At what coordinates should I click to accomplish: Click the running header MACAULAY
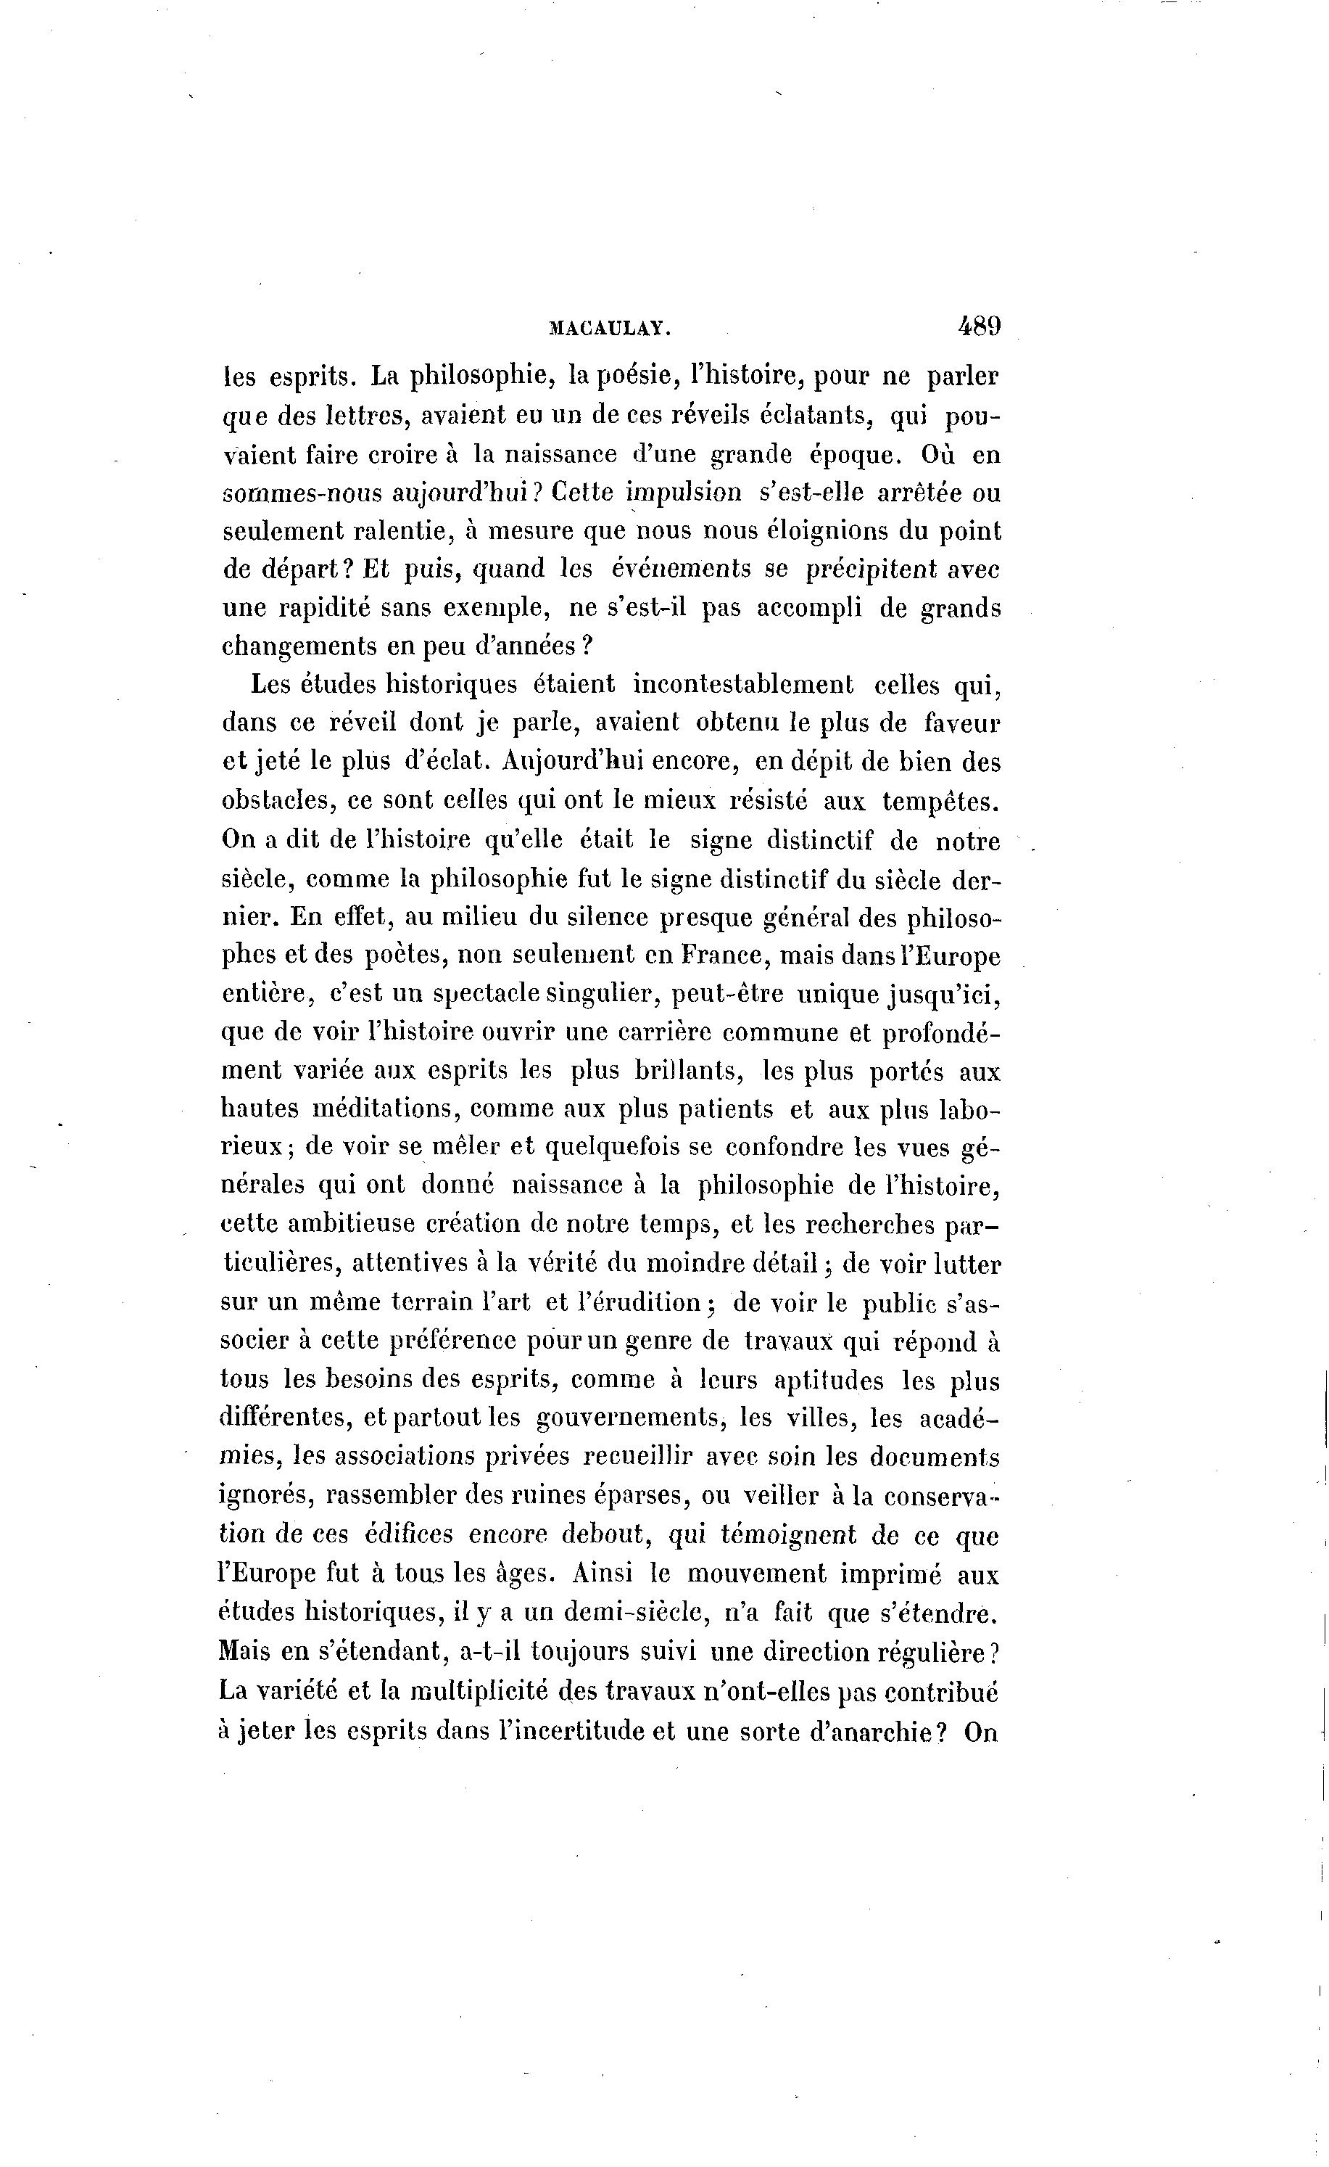click(609, 329)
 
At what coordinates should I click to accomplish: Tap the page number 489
click(980, 326)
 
